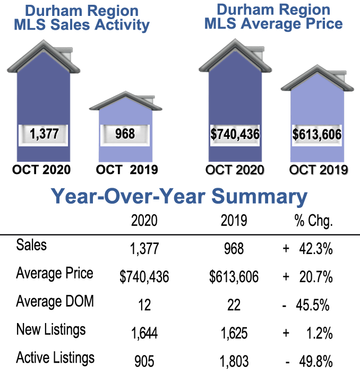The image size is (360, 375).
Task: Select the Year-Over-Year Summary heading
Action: point(179,197)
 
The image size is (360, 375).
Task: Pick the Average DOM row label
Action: point(55,302)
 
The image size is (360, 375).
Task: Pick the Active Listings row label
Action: point(56,357)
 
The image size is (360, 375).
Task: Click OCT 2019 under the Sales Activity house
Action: point(127,170)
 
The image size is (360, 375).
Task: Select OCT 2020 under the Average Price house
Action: point(235,170)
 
